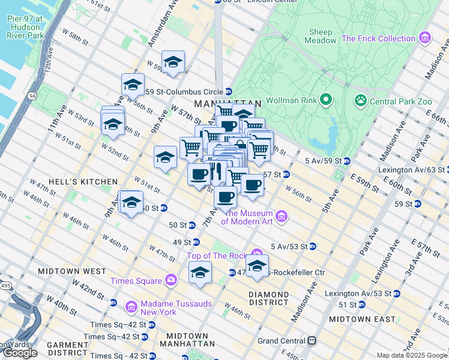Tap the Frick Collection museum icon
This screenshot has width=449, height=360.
tap(425, 38)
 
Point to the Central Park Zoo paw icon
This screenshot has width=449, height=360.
tap(361, 100)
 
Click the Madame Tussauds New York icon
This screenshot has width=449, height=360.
tap(131, 308)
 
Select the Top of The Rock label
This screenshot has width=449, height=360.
tap(218, 256)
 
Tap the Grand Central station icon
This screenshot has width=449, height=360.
tap(312, 341)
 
